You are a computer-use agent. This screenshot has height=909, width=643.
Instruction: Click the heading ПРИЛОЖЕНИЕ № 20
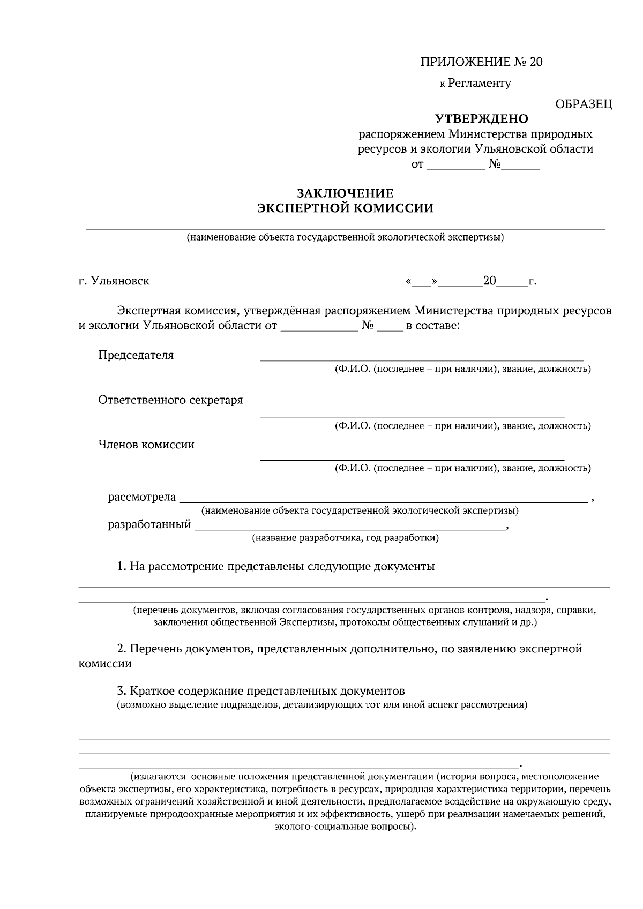pyautogui.click(x=481, y=62)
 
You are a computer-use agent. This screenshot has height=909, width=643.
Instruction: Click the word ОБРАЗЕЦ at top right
pyautogui.click(x=584, y=104)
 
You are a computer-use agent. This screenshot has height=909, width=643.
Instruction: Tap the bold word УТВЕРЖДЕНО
pyautogui.click(x=481, y=118)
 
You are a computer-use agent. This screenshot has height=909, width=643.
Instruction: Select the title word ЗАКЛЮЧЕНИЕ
pyautogui.click(x=345, y=193)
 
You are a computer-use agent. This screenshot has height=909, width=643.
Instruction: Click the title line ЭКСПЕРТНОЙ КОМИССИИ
pyautogui.click(x=345, y=208)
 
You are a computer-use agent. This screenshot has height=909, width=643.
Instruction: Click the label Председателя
pyautogui.click(x=136, y=355)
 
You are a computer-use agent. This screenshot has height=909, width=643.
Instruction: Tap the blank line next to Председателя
pyautogui.click(x=422, y=359)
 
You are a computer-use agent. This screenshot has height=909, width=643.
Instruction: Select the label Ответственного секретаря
pyautogui.click(x=170, y=400)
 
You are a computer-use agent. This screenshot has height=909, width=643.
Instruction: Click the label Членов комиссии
pyautogui.click(x=146, y=445)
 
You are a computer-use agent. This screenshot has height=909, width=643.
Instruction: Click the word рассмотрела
pyautogui.click(x=141, y=497)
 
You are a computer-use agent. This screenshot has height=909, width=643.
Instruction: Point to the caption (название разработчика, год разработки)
pyautogui.click(x=345, y=538)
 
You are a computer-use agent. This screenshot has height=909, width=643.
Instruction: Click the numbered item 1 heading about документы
pyautogui.click(x=276, y=567)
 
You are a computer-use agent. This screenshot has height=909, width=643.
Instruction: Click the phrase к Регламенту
pyautogui.click(x=475, y=83)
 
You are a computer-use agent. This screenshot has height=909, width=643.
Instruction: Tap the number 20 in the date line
pyautogui.click(x=490, y=281)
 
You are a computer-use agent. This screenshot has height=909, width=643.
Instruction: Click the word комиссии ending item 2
pyautogui.click(x=105, y=664)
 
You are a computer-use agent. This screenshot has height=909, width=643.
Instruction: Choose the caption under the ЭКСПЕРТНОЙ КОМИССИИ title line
pyautogui.click(x=345, y=237)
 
